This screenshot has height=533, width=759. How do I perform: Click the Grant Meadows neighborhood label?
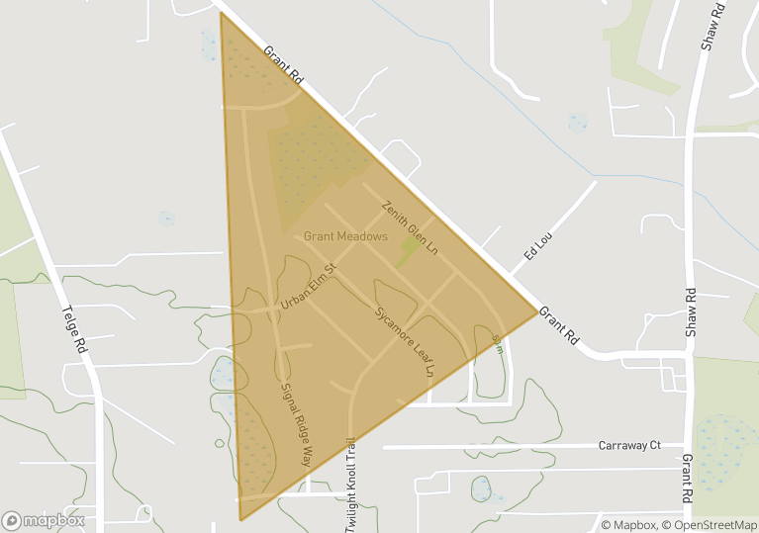(x=345, y=236)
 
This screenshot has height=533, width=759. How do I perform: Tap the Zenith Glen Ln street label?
(x=410, y=226)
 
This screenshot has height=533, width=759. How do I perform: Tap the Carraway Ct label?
(x=629, y=446)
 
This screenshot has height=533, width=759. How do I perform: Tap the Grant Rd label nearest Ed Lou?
(x=560, y=323)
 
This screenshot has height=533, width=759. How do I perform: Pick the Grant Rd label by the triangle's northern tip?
(x=285, y=66)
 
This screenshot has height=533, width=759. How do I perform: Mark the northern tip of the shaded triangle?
(x=221, y=13)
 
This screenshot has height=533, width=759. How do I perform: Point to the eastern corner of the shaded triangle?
(x=538, y=312)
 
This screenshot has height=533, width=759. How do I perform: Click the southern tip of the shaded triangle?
(x=240, y=519)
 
